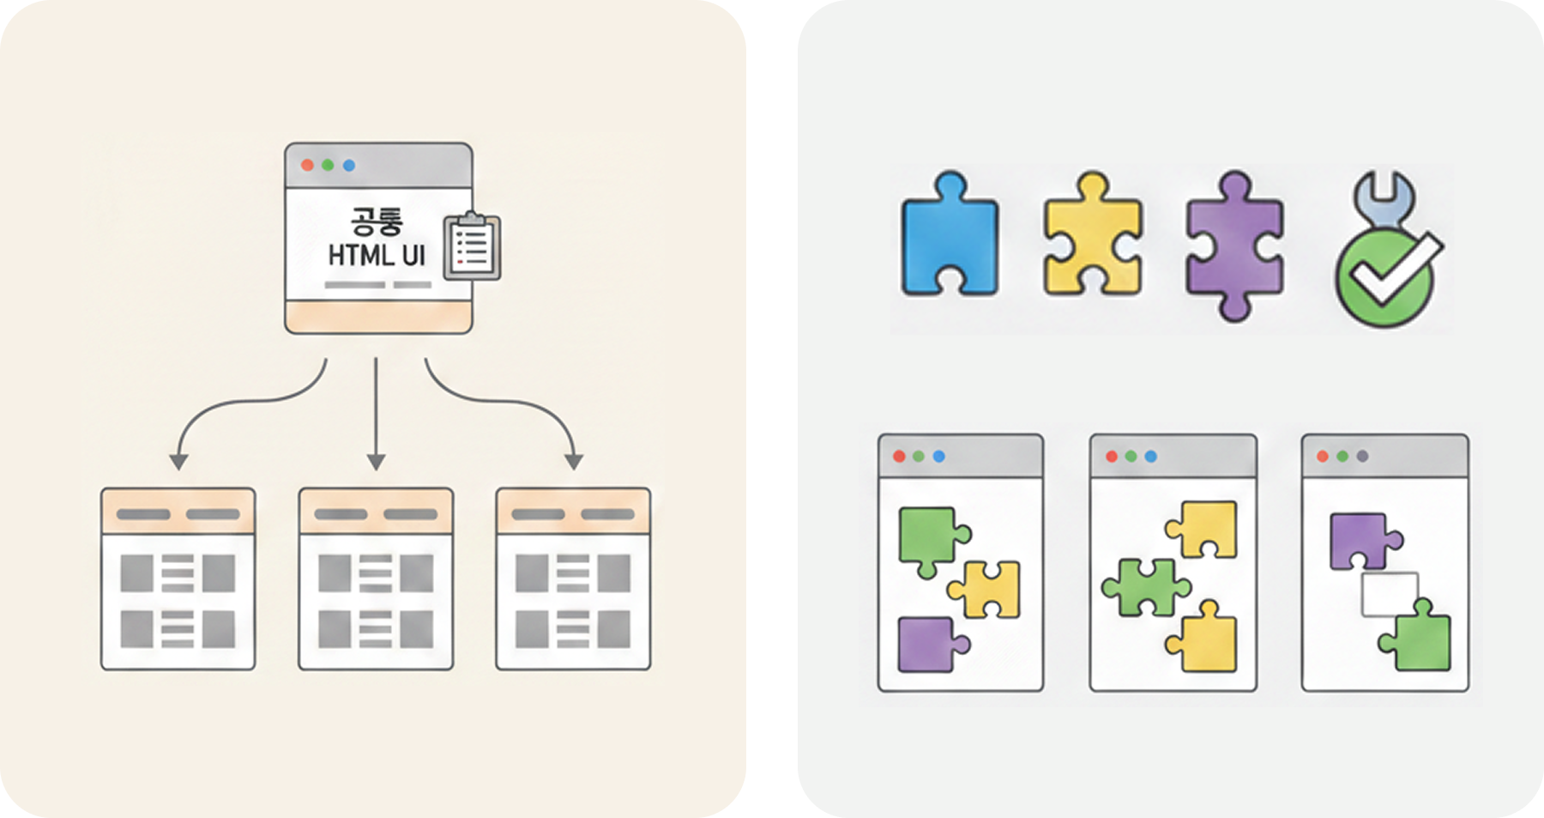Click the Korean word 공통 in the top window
(377, 220)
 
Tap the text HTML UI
(377, 255)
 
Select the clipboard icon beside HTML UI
(471, 246)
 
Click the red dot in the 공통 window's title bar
(307, 165)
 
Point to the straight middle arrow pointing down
(376, 412)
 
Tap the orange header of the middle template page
(376, 512)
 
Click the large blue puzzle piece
(950, 240)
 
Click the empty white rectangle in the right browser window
(1389, 594)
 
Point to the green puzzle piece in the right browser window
(1420, 639)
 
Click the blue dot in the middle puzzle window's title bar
(1150, 456)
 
